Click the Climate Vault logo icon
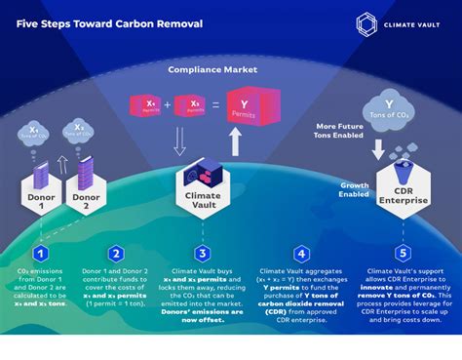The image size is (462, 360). pyautogui.click(x=366, y=24)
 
